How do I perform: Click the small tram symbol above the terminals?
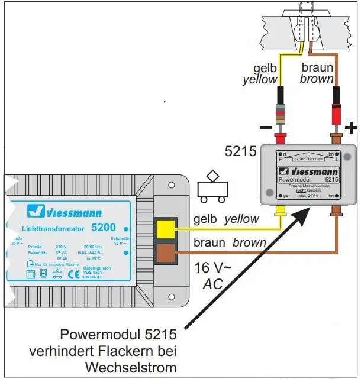[x=212, y=187]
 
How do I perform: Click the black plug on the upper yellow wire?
[x=281, y=95]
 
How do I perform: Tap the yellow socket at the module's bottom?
[x=281, y=210]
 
